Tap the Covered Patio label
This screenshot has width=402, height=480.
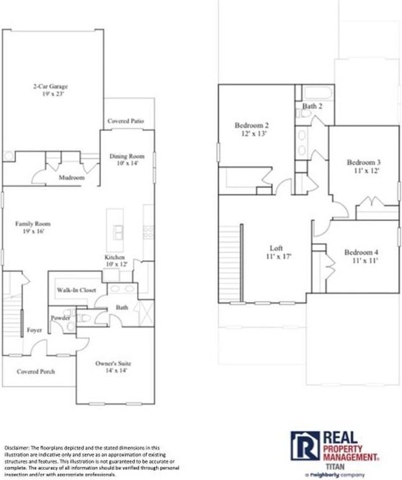click(x=125, y=121)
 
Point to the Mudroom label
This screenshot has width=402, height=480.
click(x=71, y=178)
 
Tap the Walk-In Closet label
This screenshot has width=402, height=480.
click(x=76, y=290)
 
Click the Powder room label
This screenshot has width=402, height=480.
click(x=60, y=318)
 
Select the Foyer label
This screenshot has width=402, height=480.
click(x=34, y=330)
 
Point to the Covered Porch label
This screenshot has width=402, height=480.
click(x=35, y=371)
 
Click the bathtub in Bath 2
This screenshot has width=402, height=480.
click(x=317, y=93)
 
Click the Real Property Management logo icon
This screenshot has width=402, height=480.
click(x=305, y=446)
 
